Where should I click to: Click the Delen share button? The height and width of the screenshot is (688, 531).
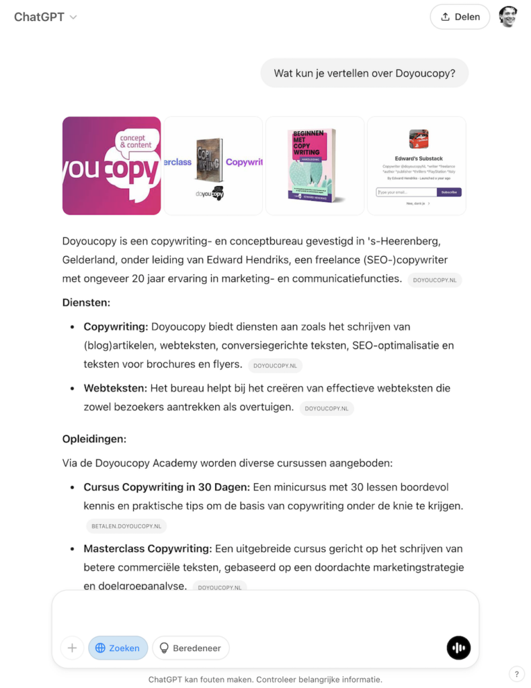coord(460,17)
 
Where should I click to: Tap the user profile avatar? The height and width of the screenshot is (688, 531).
coord(508,17)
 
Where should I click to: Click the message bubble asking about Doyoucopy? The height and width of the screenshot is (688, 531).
coord(364,74)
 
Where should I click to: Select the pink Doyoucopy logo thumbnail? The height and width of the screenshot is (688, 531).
coord(112,166)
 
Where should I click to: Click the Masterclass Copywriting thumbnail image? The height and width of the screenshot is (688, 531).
coord(213,166)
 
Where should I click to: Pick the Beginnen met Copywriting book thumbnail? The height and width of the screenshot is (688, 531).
coord(315,166)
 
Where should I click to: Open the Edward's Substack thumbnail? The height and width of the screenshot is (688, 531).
coord(417,166)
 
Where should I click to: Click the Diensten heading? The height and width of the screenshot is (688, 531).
coord(86,302)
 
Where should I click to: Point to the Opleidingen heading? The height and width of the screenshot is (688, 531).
coord(94,439)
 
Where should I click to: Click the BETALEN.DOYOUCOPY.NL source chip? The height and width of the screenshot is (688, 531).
coord(126,526)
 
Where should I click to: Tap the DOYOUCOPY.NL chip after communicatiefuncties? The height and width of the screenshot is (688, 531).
coord(435,280)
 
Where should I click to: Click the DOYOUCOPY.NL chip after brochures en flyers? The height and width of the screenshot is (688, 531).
coord(275,365)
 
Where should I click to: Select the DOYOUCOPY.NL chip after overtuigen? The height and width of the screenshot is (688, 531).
coord(327,408)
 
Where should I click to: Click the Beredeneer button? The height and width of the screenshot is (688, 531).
coord(191,648)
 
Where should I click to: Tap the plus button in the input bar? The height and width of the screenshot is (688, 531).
coord(72,648)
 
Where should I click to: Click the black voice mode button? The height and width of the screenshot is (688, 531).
coord(458,648)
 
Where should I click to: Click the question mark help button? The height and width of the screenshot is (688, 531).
coord(516,674)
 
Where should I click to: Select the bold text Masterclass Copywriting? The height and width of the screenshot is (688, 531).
coord(148,549)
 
